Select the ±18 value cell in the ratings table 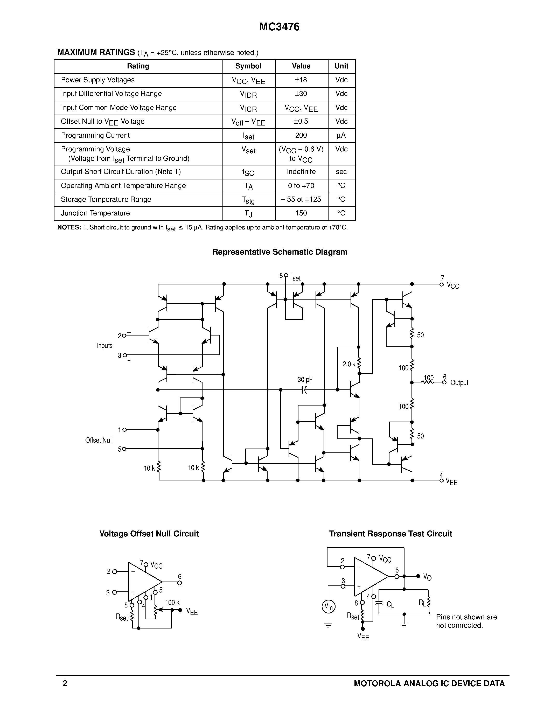coord(301,80)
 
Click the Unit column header coord(341,66)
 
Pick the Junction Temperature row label coord(95,213)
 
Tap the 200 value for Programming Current coord(301,135)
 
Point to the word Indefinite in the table coord(301,172)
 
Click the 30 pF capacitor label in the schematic coord(305,380)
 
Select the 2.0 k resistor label coord(348,364)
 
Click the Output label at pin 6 coord(459,383)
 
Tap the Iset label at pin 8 coord(296,278)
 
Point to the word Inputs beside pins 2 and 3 coord(104,346)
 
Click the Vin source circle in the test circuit coord(328,607)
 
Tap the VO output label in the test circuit coord(427,577)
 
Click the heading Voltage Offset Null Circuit coord(149,534)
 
